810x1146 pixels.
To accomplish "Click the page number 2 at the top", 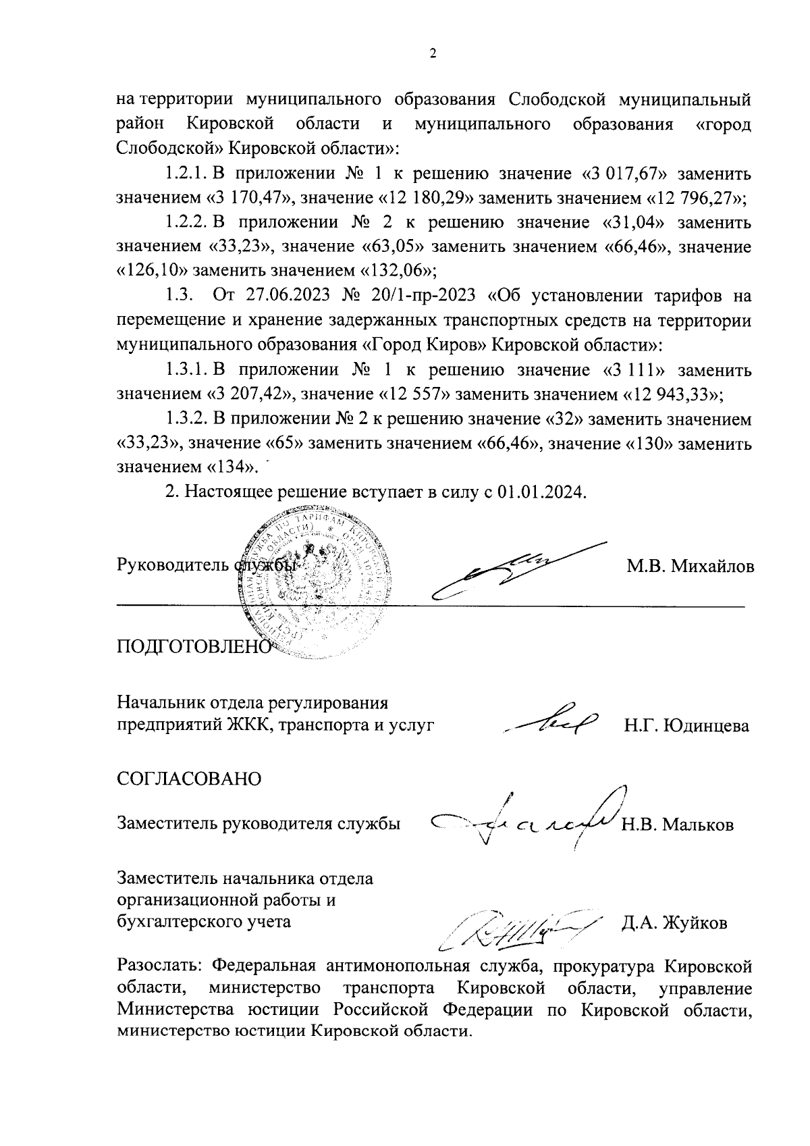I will click(433, 54).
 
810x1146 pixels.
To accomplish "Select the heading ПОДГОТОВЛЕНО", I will click(193, 646).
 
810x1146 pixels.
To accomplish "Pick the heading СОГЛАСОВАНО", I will click(189, 778).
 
